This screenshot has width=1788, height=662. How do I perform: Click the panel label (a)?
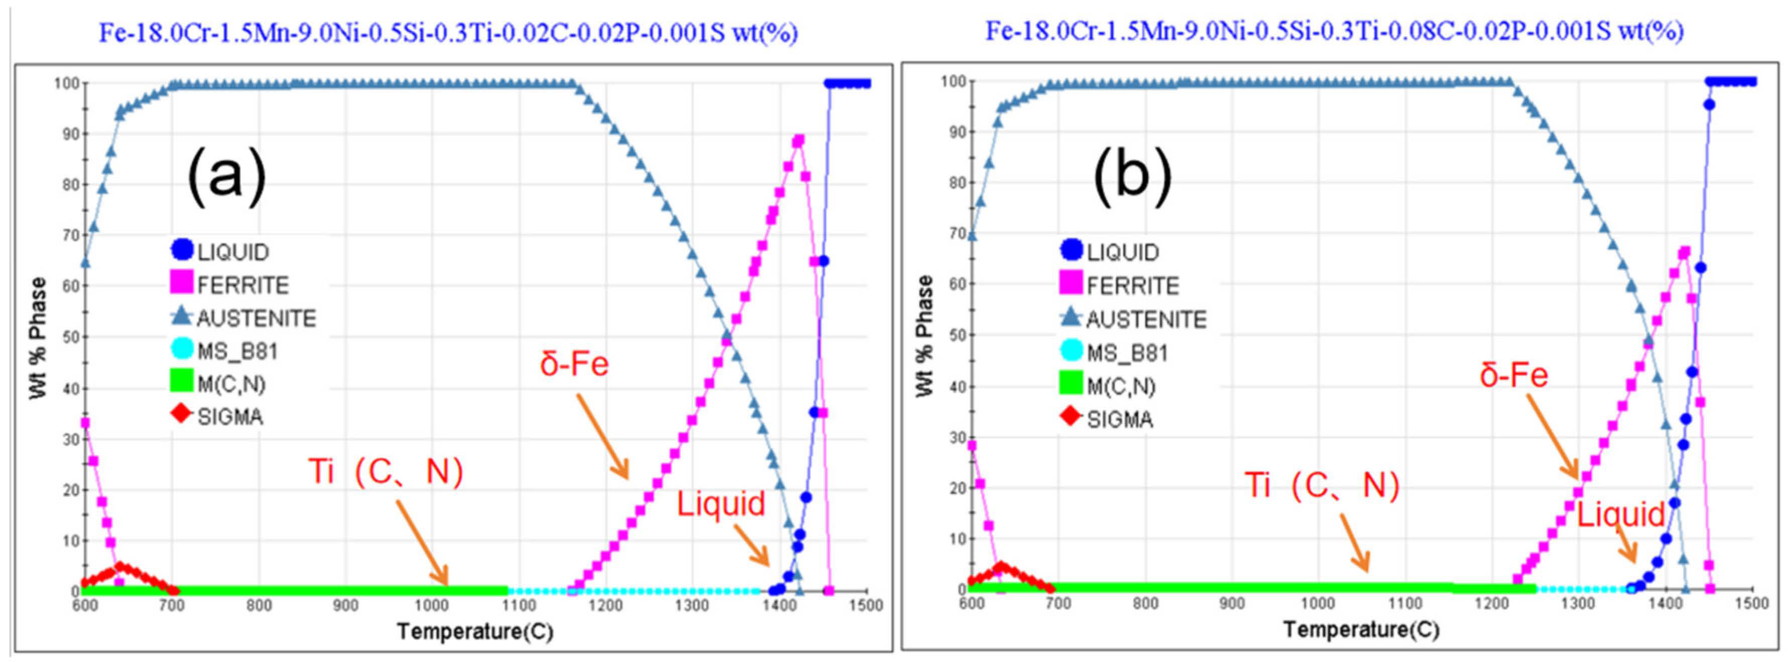(x=227, y=175)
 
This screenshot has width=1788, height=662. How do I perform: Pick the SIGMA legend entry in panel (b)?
(x=1108, y=419)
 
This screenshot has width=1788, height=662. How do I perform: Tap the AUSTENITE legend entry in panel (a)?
(x=243, y=318)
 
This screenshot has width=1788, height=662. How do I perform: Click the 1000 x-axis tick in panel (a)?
(x=432, y=605)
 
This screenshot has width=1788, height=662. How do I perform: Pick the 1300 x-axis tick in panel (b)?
(x=1578, y=603)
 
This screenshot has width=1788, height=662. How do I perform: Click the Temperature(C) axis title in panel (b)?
(x=1361, y=629)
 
